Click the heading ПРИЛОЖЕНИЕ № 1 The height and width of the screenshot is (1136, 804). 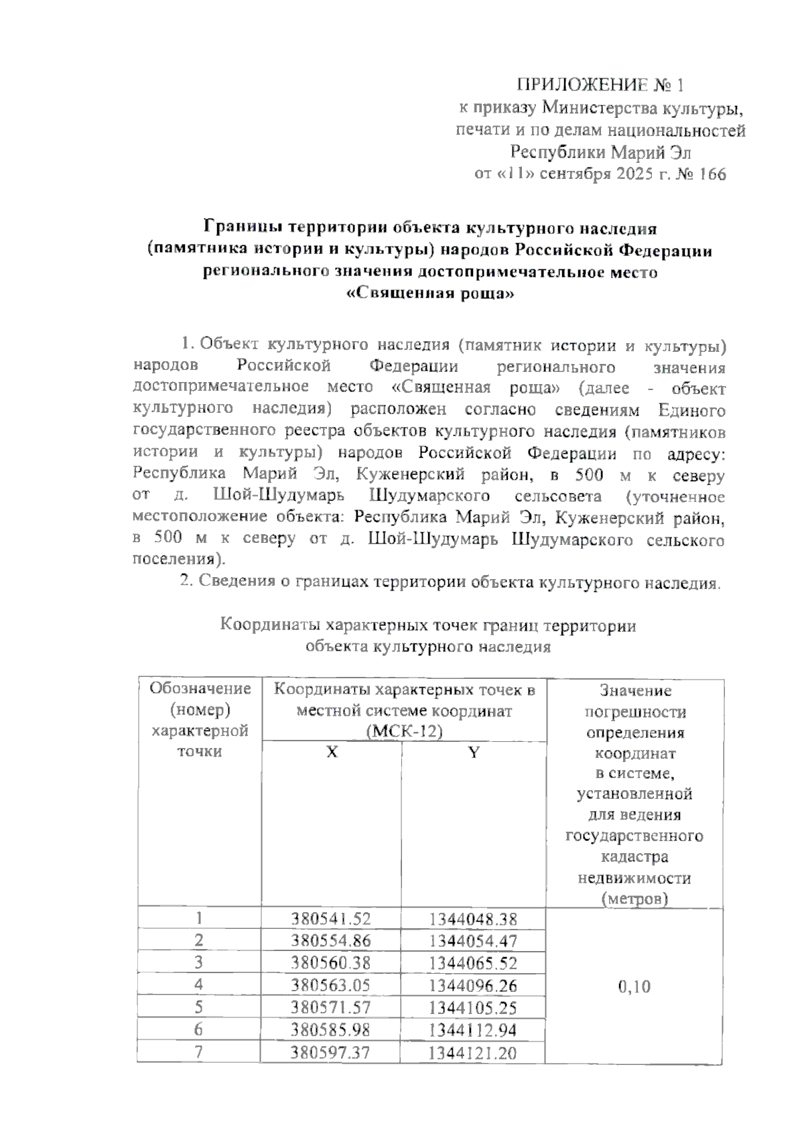pyautogui.click(x=600, y=86)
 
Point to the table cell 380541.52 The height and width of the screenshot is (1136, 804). pyautogui.click(x=331, y=919)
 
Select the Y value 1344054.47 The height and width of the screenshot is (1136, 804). pyautogui.click(x=473, y=941)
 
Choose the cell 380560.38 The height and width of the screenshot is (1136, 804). pyautogui.click(x=331, y=963)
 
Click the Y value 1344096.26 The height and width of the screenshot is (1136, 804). pyautogui.click(x=473, y=986)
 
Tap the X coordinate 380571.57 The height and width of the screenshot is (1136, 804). pyautogui.click(x=331, y=1008)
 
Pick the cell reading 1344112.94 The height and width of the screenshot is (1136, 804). pyautogui.click(x=473, y=1030)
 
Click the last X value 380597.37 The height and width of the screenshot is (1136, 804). pyautogui.click(x=331, y=1053)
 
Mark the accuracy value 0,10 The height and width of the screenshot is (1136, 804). pyautogui.click(x=634, y=987)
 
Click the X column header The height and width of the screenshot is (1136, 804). pyautogui.click(x=332, y=752)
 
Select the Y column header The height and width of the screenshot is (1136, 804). pyautogui.click(x=474, y=752)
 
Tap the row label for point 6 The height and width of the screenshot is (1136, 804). pyautogui.click(x=199, y=1030)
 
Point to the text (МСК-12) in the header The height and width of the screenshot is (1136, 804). pyautogui.click(x=405, y=731)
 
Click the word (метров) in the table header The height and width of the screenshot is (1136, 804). pyautogui.click(x=634, y=898)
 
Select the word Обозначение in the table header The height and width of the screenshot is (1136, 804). pyautogui.click(x=200, y=689)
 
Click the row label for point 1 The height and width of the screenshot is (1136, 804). pyautogui.click(x=199, y=919)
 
